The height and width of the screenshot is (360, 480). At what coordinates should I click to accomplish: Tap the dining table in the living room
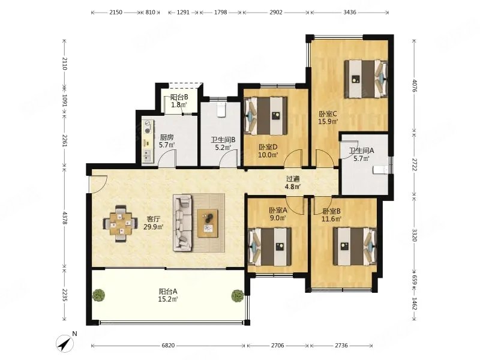tap(121, 223)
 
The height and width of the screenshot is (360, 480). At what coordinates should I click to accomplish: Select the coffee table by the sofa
tap(208, 223)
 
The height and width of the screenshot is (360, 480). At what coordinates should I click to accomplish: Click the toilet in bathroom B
tap(221, 110)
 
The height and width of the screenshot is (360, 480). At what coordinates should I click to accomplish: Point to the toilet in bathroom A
tap(380, 170)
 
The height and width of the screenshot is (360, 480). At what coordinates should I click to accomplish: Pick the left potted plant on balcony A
tap(98, 295)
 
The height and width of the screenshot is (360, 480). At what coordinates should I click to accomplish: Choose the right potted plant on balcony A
tap(238, 296)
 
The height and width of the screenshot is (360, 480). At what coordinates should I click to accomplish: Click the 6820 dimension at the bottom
tap(168, 346)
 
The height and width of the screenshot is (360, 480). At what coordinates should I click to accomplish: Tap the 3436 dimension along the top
tap(350, 12)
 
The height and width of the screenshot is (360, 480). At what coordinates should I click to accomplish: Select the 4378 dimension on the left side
tap(64, 218)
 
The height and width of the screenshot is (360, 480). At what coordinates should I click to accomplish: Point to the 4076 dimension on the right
tap(415, 86)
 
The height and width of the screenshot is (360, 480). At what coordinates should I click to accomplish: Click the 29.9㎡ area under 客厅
tap(154, 227)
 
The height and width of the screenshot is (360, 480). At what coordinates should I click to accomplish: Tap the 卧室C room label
tap(328, 114)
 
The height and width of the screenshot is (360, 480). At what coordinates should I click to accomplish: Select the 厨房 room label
tap(167, 137)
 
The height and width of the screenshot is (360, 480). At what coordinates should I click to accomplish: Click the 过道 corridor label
tap(293, 179)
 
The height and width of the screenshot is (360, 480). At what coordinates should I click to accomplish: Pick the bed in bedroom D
tap(266, 116)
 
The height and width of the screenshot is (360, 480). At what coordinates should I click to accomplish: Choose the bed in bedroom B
tap(355, 247)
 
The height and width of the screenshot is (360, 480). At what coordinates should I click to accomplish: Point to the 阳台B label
tap(179, 97)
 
